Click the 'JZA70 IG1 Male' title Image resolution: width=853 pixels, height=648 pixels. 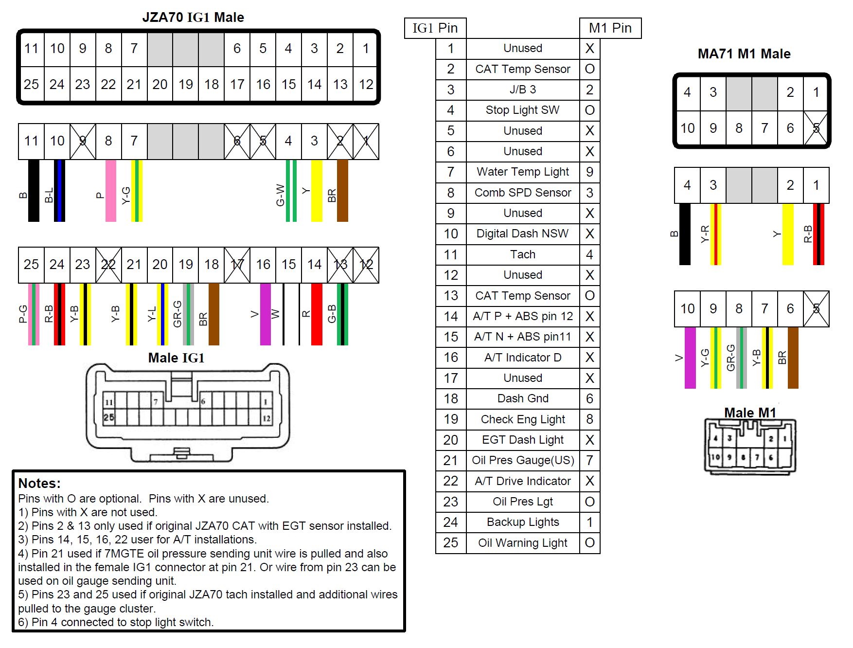(x=193, y=18)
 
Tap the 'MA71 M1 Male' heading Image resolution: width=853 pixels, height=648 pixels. (x=744, y=54)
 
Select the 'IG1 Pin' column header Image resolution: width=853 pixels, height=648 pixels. (x=435, y=28)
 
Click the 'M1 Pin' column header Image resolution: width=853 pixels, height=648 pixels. (x=610, y=28)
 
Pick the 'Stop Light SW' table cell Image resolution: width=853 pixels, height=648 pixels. (x=522, y=110)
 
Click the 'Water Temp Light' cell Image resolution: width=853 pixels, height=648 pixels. (x=522, y=172)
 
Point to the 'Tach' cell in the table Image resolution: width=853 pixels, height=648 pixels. (x=522, y=254)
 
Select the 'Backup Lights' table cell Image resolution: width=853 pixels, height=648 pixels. (x=522, y=522)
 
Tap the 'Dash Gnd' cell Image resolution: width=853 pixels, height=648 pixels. (x=522, y=398)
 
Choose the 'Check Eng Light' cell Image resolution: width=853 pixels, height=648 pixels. (x=522, y=419)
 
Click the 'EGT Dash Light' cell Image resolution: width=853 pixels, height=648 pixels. (x=522, y=440)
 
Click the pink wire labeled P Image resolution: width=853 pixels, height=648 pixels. (x=111, y=191)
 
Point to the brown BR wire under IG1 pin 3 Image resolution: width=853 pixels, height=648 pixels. (x=342, y=191)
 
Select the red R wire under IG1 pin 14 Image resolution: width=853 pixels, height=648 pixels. (x=317, y=314)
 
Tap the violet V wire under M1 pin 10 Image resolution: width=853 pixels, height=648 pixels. (x=690, y=358)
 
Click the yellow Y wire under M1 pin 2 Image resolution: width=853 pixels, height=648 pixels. (x=788, y=234)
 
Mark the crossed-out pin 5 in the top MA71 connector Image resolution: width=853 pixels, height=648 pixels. (x=816, y=128)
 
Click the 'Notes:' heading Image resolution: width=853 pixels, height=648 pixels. (x=39, y=483)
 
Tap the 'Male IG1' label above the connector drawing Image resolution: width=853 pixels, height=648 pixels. (x=176, y=358)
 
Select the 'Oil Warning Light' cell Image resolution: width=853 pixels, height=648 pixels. (x=522, y=543)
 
